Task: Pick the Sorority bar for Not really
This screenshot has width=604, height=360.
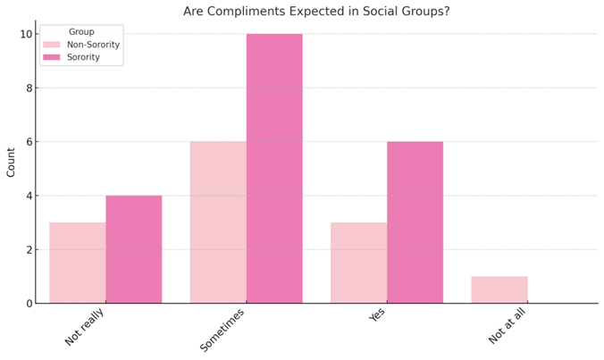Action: [134, 249]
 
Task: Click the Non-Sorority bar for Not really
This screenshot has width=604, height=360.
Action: [78, 263]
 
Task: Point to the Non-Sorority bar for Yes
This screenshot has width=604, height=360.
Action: [358, 263]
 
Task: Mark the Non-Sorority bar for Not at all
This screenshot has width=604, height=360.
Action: [499, 289]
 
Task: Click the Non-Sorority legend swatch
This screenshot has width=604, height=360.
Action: [52, 45]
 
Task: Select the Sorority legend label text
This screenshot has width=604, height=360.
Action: [84, 57]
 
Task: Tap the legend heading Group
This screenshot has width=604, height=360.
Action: [81, 32]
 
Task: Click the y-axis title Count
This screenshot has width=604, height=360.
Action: [11, 163]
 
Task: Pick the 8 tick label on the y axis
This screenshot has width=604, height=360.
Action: [28, 88]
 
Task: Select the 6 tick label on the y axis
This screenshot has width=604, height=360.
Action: [28, 141]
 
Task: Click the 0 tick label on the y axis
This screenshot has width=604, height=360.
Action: [28, 303]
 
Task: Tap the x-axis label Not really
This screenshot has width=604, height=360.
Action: [86, 327]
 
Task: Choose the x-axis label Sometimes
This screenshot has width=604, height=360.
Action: [222, 329]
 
